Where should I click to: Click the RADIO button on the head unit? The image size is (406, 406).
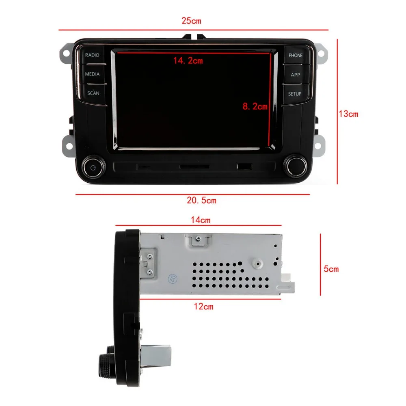tap(92, 55)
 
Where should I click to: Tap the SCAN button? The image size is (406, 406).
tap(93, 93)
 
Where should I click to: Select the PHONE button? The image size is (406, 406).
tap(296, 55)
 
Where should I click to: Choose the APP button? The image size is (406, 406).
tap(296, 75)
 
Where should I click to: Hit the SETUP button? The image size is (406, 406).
tap(295, 94)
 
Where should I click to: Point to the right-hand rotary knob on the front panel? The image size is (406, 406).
tap(294, 165)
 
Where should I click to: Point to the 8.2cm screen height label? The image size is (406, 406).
tap(255, 107)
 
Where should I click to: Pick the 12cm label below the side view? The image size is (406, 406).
tap(203, 307)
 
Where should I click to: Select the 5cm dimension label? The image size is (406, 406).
tap(331, 269)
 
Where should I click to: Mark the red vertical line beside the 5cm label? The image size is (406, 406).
tap(321, 265)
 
